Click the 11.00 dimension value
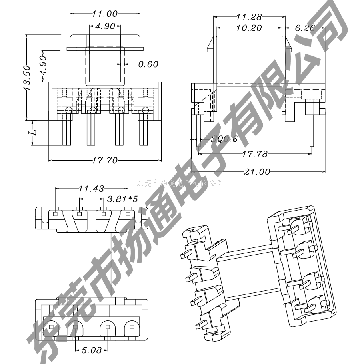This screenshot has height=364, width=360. pos(105,14)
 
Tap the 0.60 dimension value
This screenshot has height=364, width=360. pos(148,64)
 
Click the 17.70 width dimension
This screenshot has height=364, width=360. pos(105,161)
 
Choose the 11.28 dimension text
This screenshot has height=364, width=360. pos(249,17)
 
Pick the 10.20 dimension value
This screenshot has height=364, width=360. pos(249,28)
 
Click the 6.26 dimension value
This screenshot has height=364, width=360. pos(305,28)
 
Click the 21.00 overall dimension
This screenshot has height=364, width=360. pos(257,172)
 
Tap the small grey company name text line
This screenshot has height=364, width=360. pos(180,183)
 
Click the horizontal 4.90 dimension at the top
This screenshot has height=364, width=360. pos(105,26)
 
